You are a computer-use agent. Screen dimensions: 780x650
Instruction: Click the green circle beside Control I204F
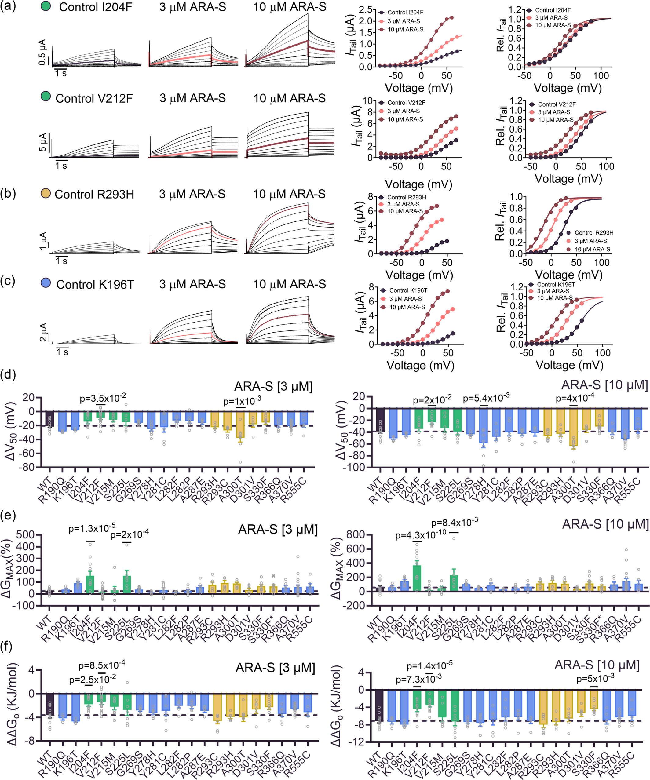tap(46, 7)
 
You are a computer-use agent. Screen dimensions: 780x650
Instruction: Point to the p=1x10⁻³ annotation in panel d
tap(242, 402)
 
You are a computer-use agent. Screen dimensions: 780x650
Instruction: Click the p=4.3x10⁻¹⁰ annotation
tap(421, 535)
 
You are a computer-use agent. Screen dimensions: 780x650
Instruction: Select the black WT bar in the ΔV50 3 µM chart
tap(50, 419)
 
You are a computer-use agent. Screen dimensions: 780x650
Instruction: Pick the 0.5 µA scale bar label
tap(43, 52)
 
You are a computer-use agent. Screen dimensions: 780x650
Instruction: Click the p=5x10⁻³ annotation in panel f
tap(595, 679)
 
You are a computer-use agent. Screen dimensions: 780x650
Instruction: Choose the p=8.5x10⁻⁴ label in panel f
tap(101, 665)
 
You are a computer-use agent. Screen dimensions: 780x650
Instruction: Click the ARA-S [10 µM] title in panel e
tap(605, 524)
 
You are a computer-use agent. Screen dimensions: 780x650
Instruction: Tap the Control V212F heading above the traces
tap(94, 98)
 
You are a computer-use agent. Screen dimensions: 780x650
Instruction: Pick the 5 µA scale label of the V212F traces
tap(43, 142)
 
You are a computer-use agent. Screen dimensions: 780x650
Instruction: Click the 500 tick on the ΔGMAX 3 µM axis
tap(27, 535)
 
